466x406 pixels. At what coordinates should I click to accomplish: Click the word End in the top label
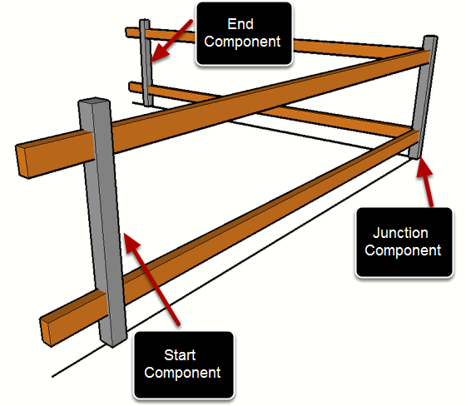click(240, 24)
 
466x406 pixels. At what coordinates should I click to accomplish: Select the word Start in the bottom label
click(180, 355)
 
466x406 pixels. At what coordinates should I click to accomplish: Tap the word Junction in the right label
click(400, 233)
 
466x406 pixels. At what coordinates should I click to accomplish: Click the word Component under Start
click(182, 373)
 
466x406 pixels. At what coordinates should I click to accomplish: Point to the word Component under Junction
click(403, 250)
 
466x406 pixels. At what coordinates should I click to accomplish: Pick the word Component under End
click(242, 42)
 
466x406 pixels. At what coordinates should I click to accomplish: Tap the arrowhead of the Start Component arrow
click(131, 243)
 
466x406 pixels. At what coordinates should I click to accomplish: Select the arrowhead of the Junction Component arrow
click(424, 168)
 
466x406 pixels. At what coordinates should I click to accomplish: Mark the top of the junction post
click(431, 37)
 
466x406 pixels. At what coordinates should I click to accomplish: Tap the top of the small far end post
click(145, 20)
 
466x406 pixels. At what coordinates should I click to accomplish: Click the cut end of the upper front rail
click(22, 161)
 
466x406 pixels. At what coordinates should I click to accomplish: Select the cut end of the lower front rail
click(46, 332)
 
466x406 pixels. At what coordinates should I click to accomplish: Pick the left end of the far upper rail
click(126, 32)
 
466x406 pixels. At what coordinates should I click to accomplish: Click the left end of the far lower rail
click(130, 87)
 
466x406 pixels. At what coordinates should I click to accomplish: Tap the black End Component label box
click(244, 33)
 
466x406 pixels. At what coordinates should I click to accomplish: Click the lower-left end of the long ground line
click(52, 377)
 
